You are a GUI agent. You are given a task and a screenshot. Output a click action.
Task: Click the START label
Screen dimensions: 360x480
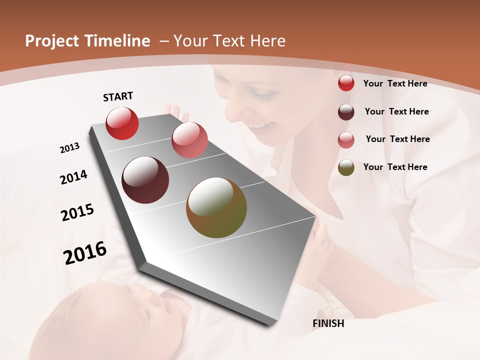coord(118,96)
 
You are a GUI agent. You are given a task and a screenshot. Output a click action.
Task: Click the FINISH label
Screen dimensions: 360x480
coord(328,323)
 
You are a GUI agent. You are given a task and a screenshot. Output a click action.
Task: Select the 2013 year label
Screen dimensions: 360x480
coord(70,147)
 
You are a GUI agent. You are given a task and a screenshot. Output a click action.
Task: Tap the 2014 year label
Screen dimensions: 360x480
coord(73,177)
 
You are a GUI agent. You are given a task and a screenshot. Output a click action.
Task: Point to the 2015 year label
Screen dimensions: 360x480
coord(77,212)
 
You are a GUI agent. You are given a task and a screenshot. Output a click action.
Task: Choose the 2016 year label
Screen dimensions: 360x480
coord(85,252)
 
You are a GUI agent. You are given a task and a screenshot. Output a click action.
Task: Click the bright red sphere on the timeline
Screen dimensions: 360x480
coord(122,123)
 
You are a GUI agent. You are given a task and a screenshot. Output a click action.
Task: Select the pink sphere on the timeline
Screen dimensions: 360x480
coord(189,139)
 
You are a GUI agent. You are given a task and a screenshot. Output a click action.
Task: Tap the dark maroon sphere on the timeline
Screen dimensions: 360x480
coord(145,180)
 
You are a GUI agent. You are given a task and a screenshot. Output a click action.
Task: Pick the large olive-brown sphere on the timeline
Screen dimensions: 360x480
coord(216,207)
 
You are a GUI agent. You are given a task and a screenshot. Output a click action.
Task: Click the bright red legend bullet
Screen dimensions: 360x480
coord(346,83)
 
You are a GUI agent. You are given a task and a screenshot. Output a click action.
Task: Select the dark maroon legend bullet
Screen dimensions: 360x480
coord(346,112)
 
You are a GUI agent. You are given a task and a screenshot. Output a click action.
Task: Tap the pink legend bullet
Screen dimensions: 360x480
coord(346,140)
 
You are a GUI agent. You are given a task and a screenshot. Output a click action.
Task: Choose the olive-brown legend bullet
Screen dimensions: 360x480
coord(346,167)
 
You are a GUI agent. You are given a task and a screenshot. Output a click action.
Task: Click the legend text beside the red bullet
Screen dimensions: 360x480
coord(395,83)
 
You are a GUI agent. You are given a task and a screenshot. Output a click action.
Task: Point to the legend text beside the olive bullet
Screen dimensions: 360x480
coord(395,167)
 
